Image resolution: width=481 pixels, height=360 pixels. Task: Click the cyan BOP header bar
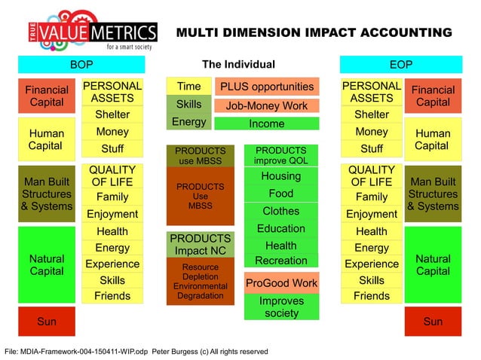click(81, 65)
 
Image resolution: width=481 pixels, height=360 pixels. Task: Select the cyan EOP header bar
click(400, 65)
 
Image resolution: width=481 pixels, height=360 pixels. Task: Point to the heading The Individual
click(238, 65)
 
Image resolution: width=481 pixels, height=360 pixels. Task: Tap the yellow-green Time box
click(188, 87)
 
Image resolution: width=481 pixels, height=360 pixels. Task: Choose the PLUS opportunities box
click(266, 87)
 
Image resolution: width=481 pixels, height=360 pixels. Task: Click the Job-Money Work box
click(266, 106)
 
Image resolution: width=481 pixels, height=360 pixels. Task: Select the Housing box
click(280, 176)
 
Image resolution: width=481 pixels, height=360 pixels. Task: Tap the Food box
click(280, 194)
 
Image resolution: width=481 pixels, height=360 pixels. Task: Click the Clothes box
click(280, 211)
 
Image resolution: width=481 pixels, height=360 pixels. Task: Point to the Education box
click(280, 228)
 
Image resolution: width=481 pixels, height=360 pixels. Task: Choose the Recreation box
click(280, 261)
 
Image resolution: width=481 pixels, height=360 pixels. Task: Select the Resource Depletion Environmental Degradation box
click(201, 282)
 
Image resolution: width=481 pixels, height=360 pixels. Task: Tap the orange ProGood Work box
click(281, 283)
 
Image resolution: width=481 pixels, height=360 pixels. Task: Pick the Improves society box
click(281, 307)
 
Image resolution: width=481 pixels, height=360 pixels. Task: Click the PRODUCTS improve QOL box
click(280, 156)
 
